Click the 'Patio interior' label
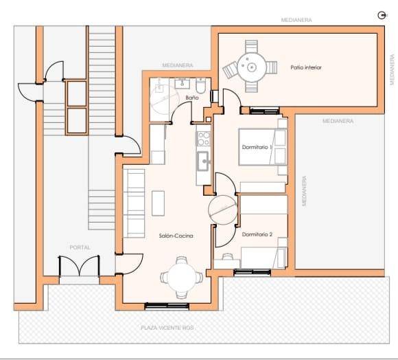pyautogui.click(x=306, y=67)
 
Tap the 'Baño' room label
pyautogui.click(x=192, y=98)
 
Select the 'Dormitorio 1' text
pyautogui.click(x=257, y=147)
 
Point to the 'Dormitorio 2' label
pyautogui.click(x=257, y=234)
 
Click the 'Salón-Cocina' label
pyautogui.click(x=176, y=236)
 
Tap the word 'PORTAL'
pyautogui.click(x=80, y=247)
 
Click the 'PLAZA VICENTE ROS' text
pyautogui.click(x=167, y=328)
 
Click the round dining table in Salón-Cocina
pyautogui.click(x=182, y=277)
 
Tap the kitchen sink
pyautogui.click(x=203, y=161)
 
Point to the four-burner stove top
pyautogui.click(x=203, y=139)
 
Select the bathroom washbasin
pyautogui.click(x=182, y=83)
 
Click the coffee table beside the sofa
pyautogui.click(x=158, y=203)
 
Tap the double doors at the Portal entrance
pyautogui.click(x=79, y=266)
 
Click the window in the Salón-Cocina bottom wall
pyautogui.click(x=167, y=306)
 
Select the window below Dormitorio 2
pyautogui.click(x=252, y=272)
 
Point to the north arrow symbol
pyautogui.click(x=381, y=16)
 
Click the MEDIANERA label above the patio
pyautogui.click(x=296, y=20)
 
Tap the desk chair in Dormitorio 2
pyautogui.click(x=226, y=256)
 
